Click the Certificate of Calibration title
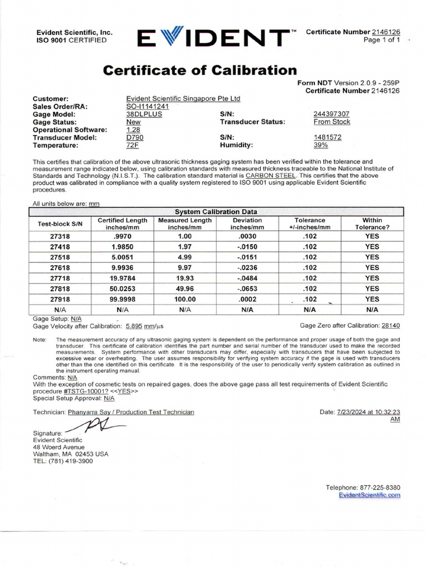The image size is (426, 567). (200, 70)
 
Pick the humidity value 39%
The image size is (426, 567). (321, 145)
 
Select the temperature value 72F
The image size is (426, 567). (133, 145)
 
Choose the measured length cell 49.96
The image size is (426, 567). (185, 288)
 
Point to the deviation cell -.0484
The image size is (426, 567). (247, 278)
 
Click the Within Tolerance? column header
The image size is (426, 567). (372, 223)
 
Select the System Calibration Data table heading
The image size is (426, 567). (216, 212)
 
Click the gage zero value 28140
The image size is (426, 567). (390, 326)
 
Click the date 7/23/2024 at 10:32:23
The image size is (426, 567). (368, 412)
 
